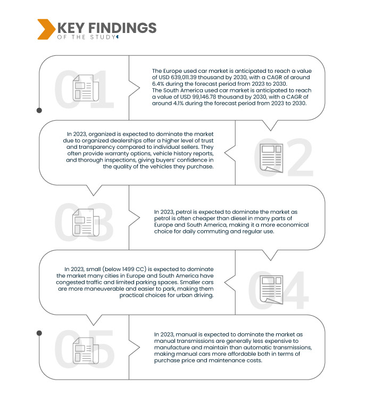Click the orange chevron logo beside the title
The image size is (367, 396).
[45, 29]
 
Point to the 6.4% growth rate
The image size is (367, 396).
[160, 84]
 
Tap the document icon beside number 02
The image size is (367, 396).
[270, 157]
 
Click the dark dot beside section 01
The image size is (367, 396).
[39, 111]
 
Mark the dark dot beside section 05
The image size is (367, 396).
[39, 333]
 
